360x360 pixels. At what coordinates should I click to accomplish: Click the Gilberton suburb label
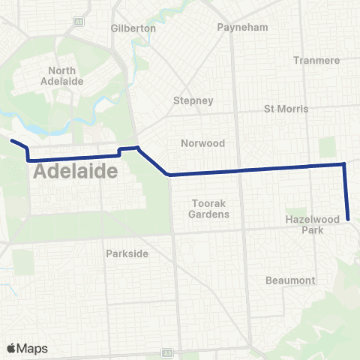133,28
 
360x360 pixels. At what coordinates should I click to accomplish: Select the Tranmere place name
316,60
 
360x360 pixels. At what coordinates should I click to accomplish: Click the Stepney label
193,100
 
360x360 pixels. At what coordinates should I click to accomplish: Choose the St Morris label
286,109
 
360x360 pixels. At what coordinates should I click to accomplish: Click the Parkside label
127,253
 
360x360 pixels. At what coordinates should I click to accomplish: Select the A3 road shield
168,352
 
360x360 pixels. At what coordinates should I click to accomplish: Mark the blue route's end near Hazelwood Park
349,219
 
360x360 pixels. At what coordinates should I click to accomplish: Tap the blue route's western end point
11,139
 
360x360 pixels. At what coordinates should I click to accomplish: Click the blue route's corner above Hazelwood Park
344,163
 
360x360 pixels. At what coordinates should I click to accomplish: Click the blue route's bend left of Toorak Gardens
169,175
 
